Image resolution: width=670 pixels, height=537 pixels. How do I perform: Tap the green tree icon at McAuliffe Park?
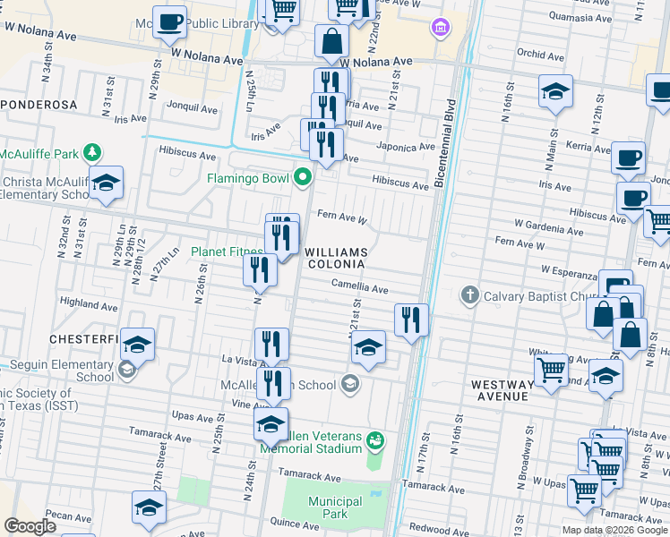(x=90, y=153)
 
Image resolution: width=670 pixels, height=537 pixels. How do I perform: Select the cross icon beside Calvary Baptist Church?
(x=469, y=295)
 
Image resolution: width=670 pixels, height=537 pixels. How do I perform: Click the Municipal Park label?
(x=334, y=508)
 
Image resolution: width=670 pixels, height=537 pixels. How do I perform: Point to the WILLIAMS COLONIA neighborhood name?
(x=336, y=258)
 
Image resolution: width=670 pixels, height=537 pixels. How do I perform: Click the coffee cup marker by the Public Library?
(x=168, y=21)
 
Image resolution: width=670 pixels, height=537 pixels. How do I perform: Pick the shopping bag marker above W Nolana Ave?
(x=331, y=40)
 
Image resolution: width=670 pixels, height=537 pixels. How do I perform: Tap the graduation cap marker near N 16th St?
(x=555, y=91)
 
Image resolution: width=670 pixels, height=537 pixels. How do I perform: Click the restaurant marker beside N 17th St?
(x=411, y=318)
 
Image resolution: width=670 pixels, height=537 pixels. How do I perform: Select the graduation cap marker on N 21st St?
(x=368, y=346)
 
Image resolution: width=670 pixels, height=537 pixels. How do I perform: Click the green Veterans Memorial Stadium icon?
(x=375, y=440)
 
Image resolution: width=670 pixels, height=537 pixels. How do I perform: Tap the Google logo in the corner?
(x=30, y=526)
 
